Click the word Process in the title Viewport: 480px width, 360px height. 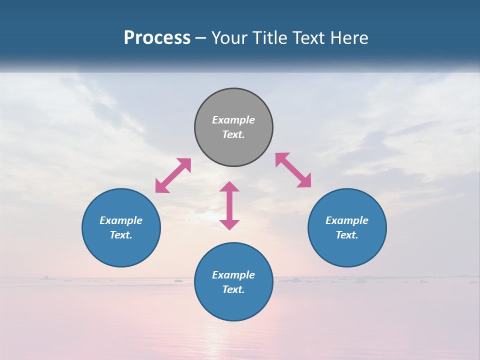click(157, 38)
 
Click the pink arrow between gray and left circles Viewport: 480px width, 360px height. click(173, 175)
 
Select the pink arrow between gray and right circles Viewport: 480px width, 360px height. click(293, 170)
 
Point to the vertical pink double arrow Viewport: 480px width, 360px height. click(229, 205)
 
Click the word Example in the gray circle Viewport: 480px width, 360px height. click(233, 120)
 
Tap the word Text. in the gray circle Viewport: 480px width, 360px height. click(233, 134)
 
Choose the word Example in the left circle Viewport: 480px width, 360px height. click(121, 220)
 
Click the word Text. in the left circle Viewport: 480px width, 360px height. click(121, 235)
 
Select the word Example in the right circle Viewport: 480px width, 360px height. click(347, 220)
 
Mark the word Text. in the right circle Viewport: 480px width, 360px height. click(347, 235)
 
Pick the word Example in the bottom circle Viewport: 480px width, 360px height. click(233, 275)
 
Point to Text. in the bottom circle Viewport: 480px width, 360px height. click(233, 289)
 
